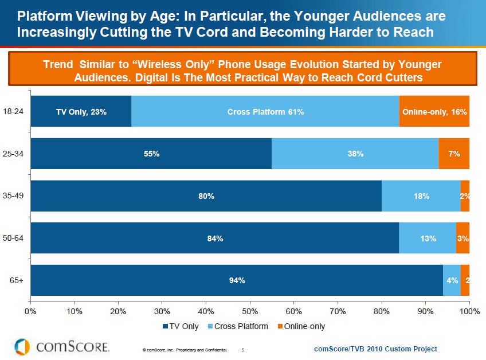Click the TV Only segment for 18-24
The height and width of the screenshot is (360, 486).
coord(81,111)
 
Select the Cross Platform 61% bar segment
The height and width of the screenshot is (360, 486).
coord(265,111)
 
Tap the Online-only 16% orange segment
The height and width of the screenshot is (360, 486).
coord(434,111)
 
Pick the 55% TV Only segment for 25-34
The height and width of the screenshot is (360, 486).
coord(151,154)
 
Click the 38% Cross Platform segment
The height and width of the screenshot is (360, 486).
coord(355,154)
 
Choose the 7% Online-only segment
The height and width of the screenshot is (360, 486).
coord(454,154)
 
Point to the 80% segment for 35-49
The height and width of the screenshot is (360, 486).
coord(206,196)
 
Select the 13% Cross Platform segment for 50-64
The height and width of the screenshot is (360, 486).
coord(428,238)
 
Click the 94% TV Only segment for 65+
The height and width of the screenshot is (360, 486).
coord(237,280)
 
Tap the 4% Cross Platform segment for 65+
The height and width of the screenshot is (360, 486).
coord(452,280)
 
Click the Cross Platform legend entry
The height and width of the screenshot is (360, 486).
coord(241,326)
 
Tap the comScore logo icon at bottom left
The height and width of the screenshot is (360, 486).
coord(22,346)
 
